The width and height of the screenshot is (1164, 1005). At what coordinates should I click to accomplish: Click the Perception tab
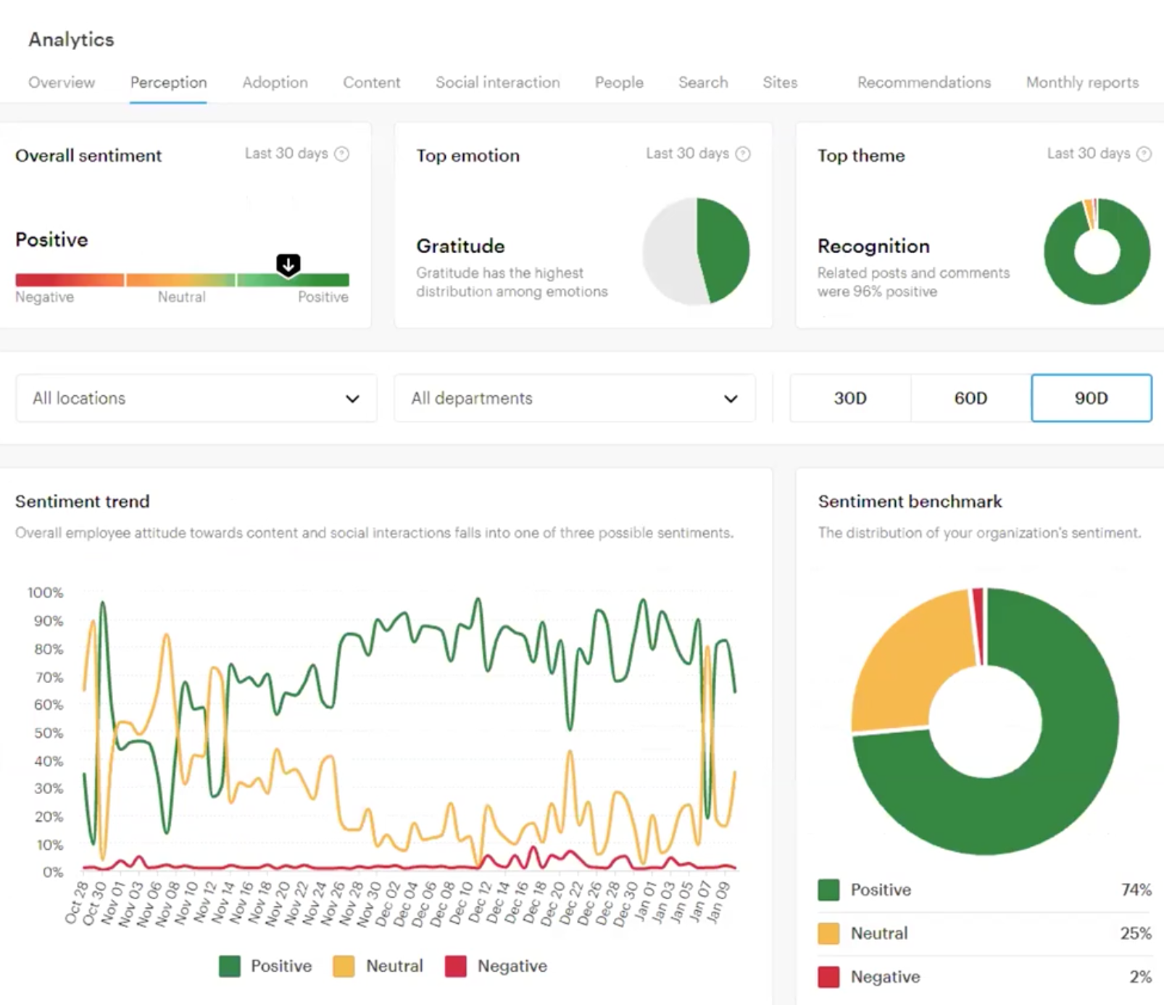coord(168,83)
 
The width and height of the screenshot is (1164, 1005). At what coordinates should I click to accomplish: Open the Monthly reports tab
coord(1081,83)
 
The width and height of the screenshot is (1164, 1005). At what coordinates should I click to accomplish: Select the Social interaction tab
coord(497,83)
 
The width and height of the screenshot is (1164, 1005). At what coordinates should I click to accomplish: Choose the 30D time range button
coord(849,398)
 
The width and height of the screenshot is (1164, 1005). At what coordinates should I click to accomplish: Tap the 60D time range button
coord(970,398)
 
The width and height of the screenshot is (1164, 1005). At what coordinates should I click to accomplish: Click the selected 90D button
coord(1091,398)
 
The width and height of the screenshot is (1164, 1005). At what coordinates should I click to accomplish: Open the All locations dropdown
coord(196,398)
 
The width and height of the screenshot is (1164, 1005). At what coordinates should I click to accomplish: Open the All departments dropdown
coord(574,398)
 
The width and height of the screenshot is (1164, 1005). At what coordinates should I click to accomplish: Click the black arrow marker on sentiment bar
coord(288,265)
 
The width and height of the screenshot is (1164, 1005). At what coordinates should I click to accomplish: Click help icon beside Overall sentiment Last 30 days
coord(342,154)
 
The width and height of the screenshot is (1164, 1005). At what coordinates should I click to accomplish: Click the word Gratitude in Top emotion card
coord(460,247)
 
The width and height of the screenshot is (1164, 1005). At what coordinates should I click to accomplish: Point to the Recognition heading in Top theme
coord(873,247)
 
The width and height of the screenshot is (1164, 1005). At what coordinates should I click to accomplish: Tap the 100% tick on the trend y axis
coord(46,592)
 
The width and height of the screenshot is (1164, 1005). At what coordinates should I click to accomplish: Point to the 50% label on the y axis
coord(48,733)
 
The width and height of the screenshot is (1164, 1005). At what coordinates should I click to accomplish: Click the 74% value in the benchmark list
coord(1135,890)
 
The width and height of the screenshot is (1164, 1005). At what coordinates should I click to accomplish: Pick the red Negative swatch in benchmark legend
coord(828,977)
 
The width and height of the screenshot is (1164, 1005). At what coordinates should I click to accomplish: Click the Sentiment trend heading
coord(83,502)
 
